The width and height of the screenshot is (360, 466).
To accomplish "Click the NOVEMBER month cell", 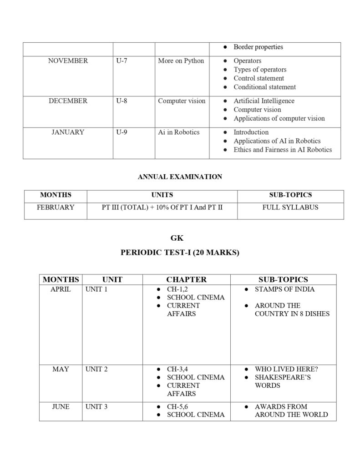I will coord(68,61).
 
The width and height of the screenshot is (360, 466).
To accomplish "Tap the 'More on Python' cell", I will coord(181,61).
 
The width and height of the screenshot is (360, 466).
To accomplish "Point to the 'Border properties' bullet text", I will coord(258,47).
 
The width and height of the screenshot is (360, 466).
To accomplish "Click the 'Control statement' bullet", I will coord(259,78).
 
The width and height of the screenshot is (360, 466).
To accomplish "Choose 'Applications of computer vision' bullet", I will coord(279,118).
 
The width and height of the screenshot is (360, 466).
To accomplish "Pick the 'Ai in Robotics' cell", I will coord(178,132).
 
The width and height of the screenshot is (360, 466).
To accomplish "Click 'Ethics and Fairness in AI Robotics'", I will coord(283,150).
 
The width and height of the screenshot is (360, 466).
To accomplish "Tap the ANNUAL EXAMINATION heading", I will coord(180,177).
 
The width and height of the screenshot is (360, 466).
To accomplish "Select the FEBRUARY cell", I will coord(56,208).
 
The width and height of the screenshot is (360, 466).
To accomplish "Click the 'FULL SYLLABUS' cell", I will coord(290,208).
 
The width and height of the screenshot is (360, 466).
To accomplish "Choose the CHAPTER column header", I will coord(186,279).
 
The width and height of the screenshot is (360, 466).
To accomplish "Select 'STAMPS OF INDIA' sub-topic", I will coord(284,289).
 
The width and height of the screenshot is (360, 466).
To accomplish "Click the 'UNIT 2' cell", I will coord(96,369).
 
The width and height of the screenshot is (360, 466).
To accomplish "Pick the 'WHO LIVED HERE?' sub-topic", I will coord(286,369).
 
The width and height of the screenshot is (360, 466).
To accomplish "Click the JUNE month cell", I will coord(61,406).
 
